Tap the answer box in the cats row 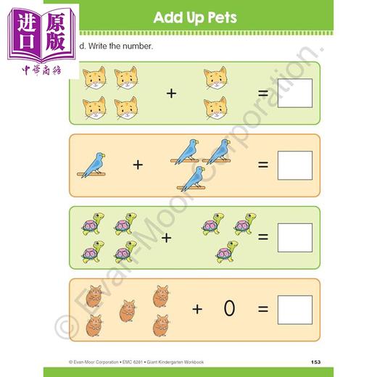[x=294, y=93]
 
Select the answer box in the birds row [x=294, y=165]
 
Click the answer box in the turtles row [x=294, y=237]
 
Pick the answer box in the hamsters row [x=294, y=309]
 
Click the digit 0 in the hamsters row [x=229, y=309]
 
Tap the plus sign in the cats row [x=171, y=93]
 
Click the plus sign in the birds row [x=138, y=165]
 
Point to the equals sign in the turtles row [x=263, y=237]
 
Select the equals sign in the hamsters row [x=263, y=309]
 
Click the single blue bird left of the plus [x=92, y=165]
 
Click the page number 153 [x=315, y=361]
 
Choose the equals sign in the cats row [x=263, y=93]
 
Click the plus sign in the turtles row [x=166, y=237]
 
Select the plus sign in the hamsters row [x=197, y=309]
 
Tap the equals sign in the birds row [x=263, y=165]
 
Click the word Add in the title [x=168, y=17]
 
